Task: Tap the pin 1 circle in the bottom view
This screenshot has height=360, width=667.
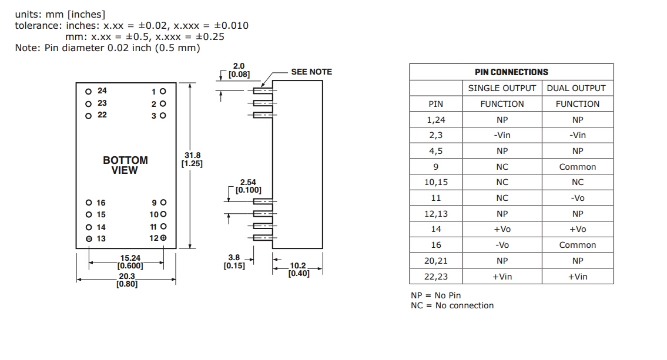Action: tap(163, 92)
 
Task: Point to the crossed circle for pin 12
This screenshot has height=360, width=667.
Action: tap(163, 238)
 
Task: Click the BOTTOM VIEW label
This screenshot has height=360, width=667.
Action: tap(125, 165)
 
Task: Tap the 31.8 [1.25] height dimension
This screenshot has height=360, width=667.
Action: tap(192, 159)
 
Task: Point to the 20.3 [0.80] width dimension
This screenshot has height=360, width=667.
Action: tap(127, 280)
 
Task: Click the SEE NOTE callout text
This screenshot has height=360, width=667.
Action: tap(311, 72)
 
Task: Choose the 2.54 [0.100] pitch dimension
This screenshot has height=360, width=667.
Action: tap(248, 186)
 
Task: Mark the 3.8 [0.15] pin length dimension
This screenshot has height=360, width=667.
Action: tap(234, 261)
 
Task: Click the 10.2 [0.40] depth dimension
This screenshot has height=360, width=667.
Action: tap(299, 270)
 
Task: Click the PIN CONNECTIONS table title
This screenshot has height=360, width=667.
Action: tap(511, 72)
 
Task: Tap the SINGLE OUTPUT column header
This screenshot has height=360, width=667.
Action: tap(502, 88)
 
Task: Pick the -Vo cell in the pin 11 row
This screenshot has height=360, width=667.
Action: tap(577, 198)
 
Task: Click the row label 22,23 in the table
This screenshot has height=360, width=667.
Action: tap(435, 277)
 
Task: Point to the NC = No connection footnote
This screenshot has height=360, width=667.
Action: tap(452, 305)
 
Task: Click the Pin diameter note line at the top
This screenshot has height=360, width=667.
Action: tap(108, 48)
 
